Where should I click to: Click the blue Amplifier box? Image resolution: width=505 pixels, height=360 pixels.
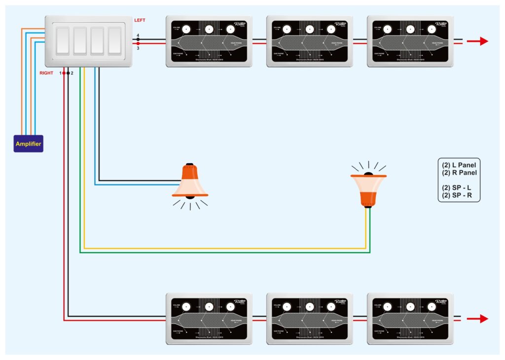[x=28, y=144]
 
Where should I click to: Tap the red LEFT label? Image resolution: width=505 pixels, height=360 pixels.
[x=140, y=20]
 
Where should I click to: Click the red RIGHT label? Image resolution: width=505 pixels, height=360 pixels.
[x=46, y=73]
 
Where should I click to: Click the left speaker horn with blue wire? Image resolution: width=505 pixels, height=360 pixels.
[x=190, y=183]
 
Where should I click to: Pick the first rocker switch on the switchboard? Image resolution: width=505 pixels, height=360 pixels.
[x=63, y=41]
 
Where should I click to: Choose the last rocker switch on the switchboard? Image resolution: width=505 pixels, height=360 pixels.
[x=114, y=41]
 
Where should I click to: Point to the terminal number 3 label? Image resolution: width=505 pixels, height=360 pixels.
[x=138, y=48]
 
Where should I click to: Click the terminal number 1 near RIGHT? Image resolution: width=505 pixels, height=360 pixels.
[x=60, y=73]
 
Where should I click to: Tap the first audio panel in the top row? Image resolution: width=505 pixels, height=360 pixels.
[x=209, y=41]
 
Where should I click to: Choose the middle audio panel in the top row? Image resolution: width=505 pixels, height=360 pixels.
[x=310, y=41]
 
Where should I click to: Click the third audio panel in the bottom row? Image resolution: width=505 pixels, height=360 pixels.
[x=410, y=319]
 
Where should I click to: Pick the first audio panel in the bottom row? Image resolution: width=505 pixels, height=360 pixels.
[x=209, y=319]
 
